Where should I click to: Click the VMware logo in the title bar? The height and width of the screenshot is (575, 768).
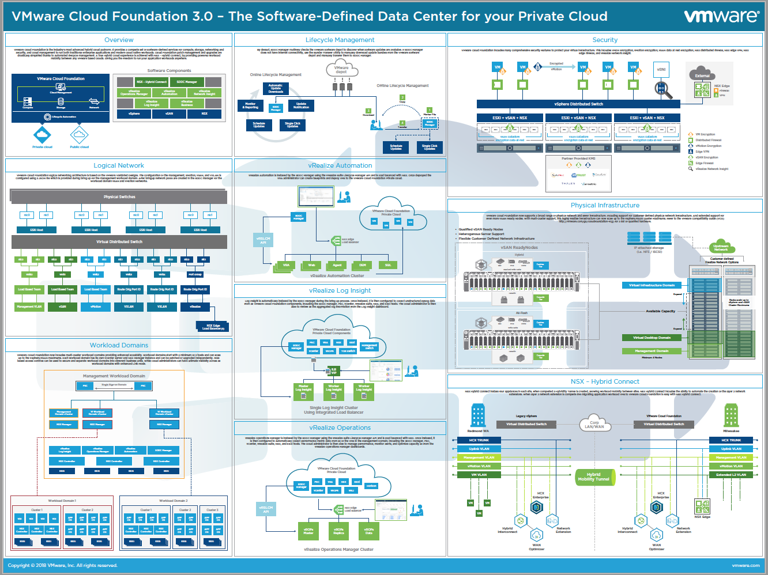point(721,16)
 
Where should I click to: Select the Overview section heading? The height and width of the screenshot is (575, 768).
point(119,40)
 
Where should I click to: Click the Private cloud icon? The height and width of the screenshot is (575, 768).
point(42,135)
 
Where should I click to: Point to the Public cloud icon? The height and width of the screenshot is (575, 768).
point(79,135)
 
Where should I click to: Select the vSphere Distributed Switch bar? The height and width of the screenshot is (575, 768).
point(578,104)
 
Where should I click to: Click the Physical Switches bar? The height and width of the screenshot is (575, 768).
point(119,196)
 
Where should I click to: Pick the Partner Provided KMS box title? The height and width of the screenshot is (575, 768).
point(578,158)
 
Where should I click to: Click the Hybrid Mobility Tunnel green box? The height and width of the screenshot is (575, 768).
point(594,477)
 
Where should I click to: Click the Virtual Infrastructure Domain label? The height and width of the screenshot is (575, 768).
point(652,285)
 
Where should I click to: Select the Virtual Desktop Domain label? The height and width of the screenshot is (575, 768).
point(652,338)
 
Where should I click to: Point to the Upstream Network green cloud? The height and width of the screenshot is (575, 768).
point(721,248)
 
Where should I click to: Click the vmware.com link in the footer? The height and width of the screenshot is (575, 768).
point(746,565)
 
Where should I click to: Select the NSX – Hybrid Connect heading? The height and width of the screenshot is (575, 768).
point(605,381)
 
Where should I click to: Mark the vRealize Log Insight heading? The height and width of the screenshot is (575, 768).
point(340,290)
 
